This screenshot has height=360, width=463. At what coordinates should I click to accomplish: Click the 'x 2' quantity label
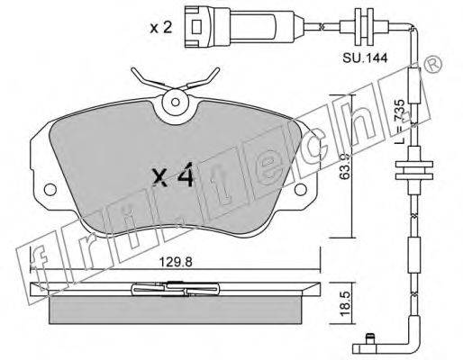[161, 28]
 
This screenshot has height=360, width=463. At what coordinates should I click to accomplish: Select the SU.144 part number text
[365, 58]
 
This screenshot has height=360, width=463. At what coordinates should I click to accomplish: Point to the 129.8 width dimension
[176, 262]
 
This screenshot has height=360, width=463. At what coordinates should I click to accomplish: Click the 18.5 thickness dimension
[346, 303]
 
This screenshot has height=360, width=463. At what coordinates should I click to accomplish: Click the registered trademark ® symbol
[433, 64]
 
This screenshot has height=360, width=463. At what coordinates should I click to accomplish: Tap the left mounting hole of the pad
[50, 190]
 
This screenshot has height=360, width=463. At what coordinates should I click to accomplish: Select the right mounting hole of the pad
[301, 190]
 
